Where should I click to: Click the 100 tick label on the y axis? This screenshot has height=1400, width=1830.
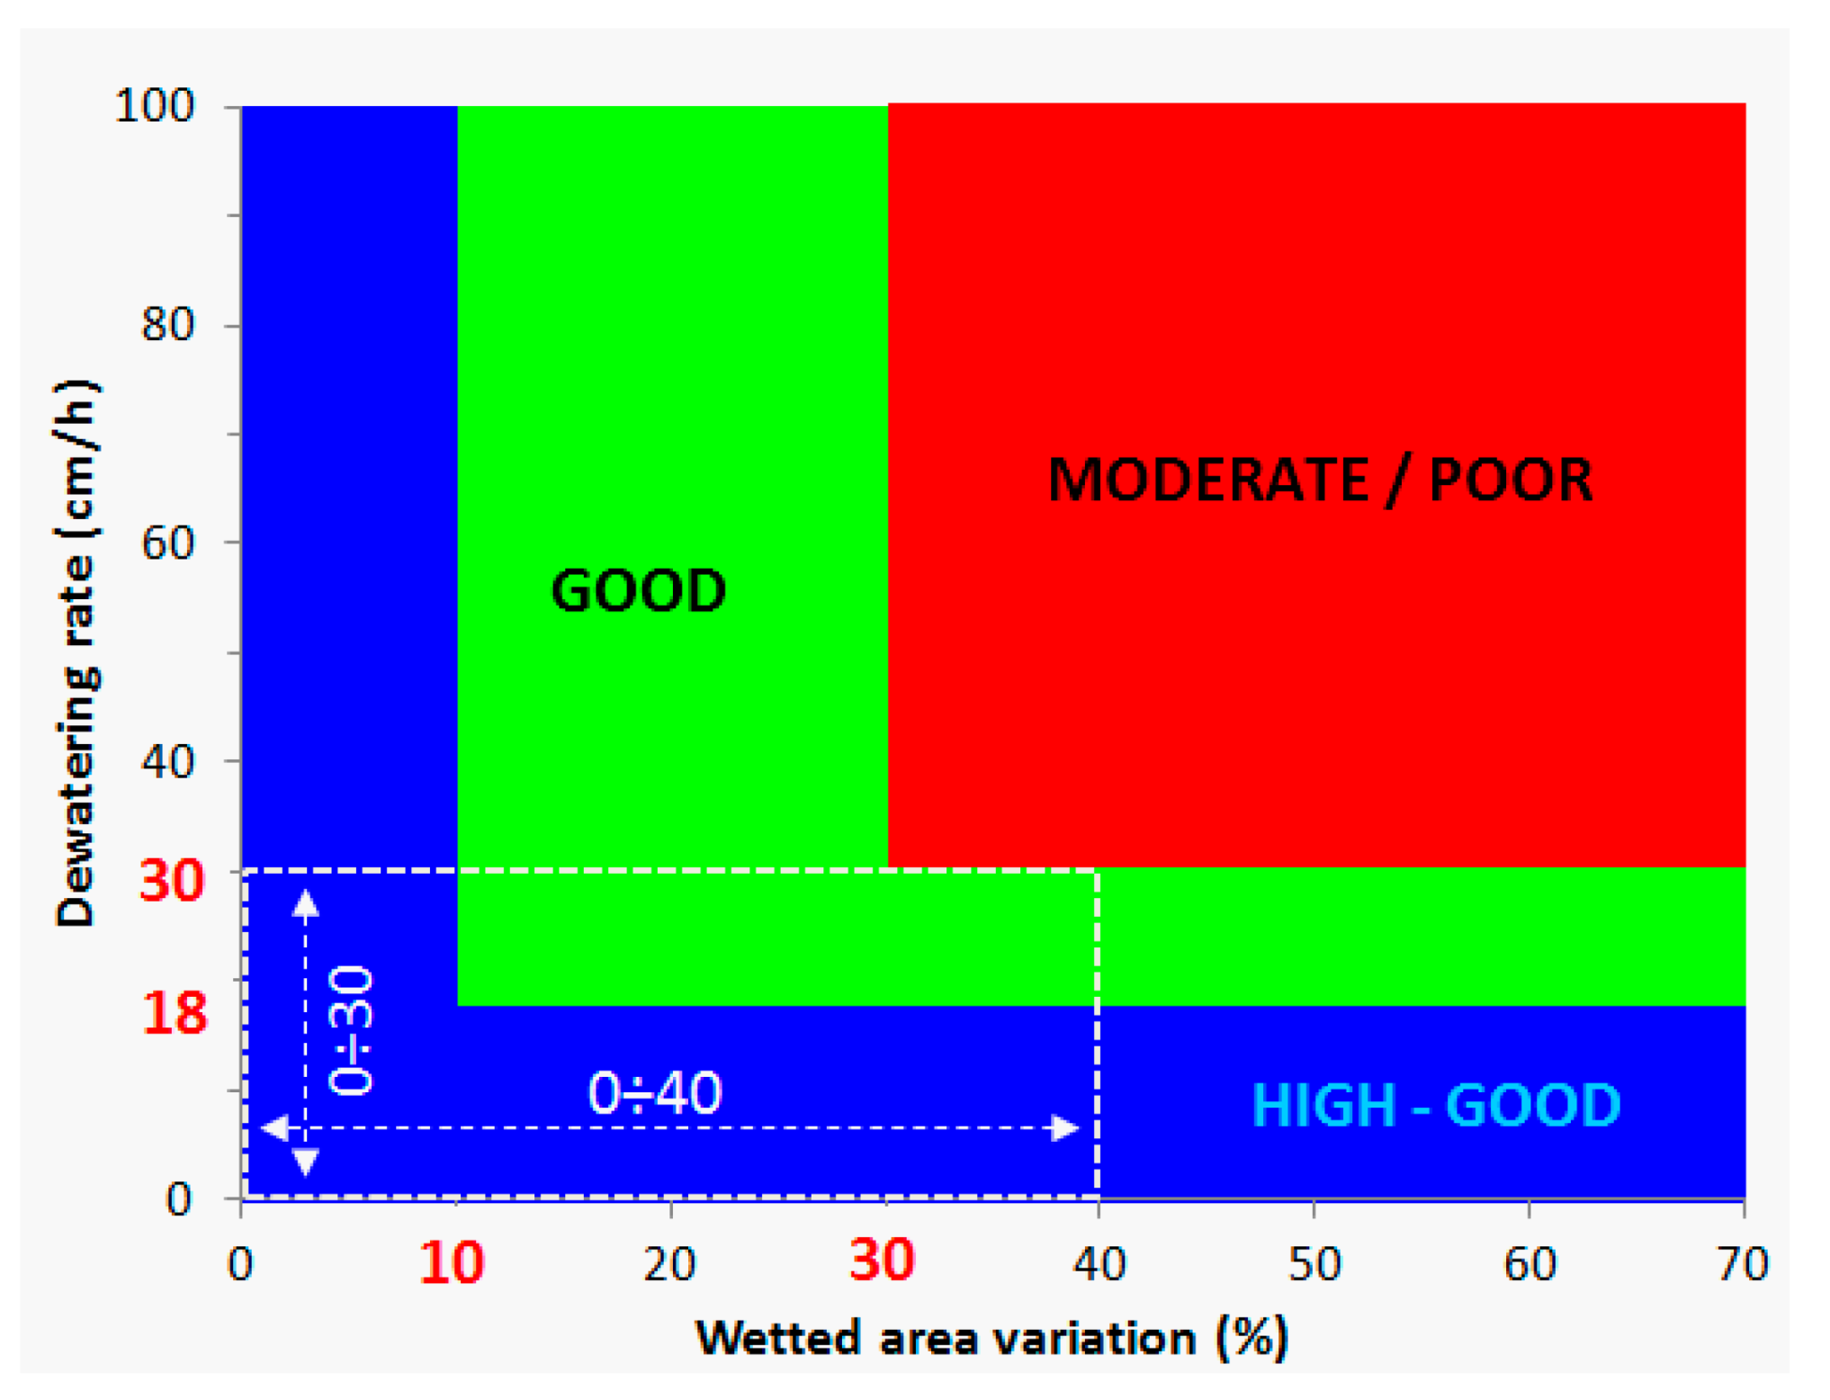pyautogui.click(x=155, y=107)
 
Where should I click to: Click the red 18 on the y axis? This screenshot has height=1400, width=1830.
pyautogui.click(x=174, y=1013)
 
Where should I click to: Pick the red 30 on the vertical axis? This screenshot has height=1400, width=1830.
pyautogui.click(x=172, y=882)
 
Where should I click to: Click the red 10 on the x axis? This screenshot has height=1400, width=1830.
pyautogui.click(x=452, y=1262)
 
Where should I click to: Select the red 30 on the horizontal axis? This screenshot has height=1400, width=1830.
pyautogui.click(x=883, y=1260)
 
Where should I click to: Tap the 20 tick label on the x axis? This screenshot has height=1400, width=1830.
pyautogui.click(x=670, y=1264)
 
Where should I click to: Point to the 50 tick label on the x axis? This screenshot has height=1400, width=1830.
pyautogui.click(x=1314, y=1264)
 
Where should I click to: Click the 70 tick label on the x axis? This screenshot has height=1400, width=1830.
pyautogui.click(x=1743, y=1264)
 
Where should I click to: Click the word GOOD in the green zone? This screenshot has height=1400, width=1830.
pyautogui.click(x=638, y=591)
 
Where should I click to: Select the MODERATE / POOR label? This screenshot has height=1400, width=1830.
pyautogui.click(x=1320, y=480)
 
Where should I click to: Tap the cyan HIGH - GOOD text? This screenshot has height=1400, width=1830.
pyautogui.click(x=1436, y=1105)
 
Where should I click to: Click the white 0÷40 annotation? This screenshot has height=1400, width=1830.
pyautogui.click(x=654, y=1093)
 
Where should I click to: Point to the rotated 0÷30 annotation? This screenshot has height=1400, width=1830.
pyautogui.click(x=351, y=1030)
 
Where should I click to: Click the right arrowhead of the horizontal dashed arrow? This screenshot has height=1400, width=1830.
pyautogui.click(x=1066, y=1127)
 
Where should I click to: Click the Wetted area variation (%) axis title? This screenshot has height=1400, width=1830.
pyautogui.click(x=992, y=1338)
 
